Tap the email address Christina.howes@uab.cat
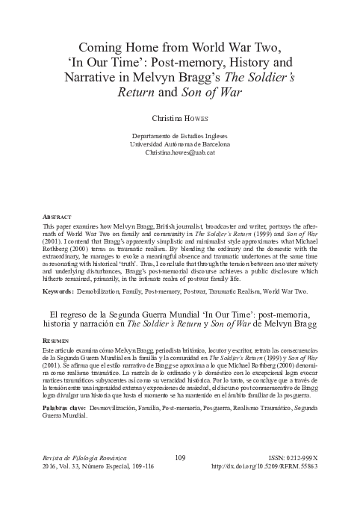[179, 152]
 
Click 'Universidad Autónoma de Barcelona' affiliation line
[179, 143]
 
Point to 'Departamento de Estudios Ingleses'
[179, 134]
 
